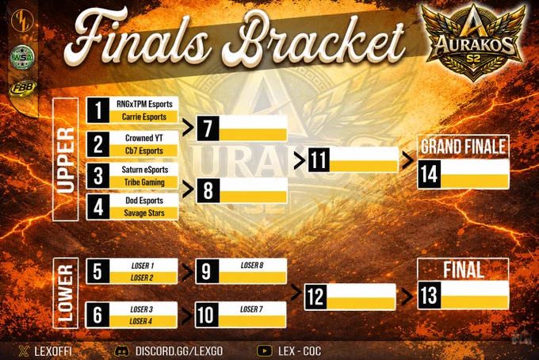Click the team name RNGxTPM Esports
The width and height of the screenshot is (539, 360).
tap(144, 104)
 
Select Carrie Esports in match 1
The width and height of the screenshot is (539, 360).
tap(144, 117)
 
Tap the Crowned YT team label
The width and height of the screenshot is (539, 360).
tap(144, 138)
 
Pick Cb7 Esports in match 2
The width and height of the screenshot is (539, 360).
tap(144, 151)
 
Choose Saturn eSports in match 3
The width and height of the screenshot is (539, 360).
tap(145, 170)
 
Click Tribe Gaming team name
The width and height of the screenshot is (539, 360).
tap(144, 182)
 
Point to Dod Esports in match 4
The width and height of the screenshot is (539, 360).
tap(144, 201)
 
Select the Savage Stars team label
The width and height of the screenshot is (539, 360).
tap(144, 213)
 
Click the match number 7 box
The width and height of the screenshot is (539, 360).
tap(208, 128)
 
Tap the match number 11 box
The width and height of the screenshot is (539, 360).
tap(319, 160)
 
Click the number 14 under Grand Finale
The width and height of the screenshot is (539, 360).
tap(430, 174)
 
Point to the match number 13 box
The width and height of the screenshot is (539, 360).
tap(430, 295)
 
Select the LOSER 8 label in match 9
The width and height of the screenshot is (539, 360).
tap(252, 265)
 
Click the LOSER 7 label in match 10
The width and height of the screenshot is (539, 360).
tap(251, 309)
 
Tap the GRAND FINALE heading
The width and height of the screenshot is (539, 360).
tap(464, 147)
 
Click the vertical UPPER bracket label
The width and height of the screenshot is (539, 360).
tap(65, 159)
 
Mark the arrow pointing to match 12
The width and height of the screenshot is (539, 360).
tap(296, 293)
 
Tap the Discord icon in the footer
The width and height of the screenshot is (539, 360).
tap(122, 351)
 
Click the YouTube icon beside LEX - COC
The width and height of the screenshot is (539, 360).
tap(265, 351)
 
